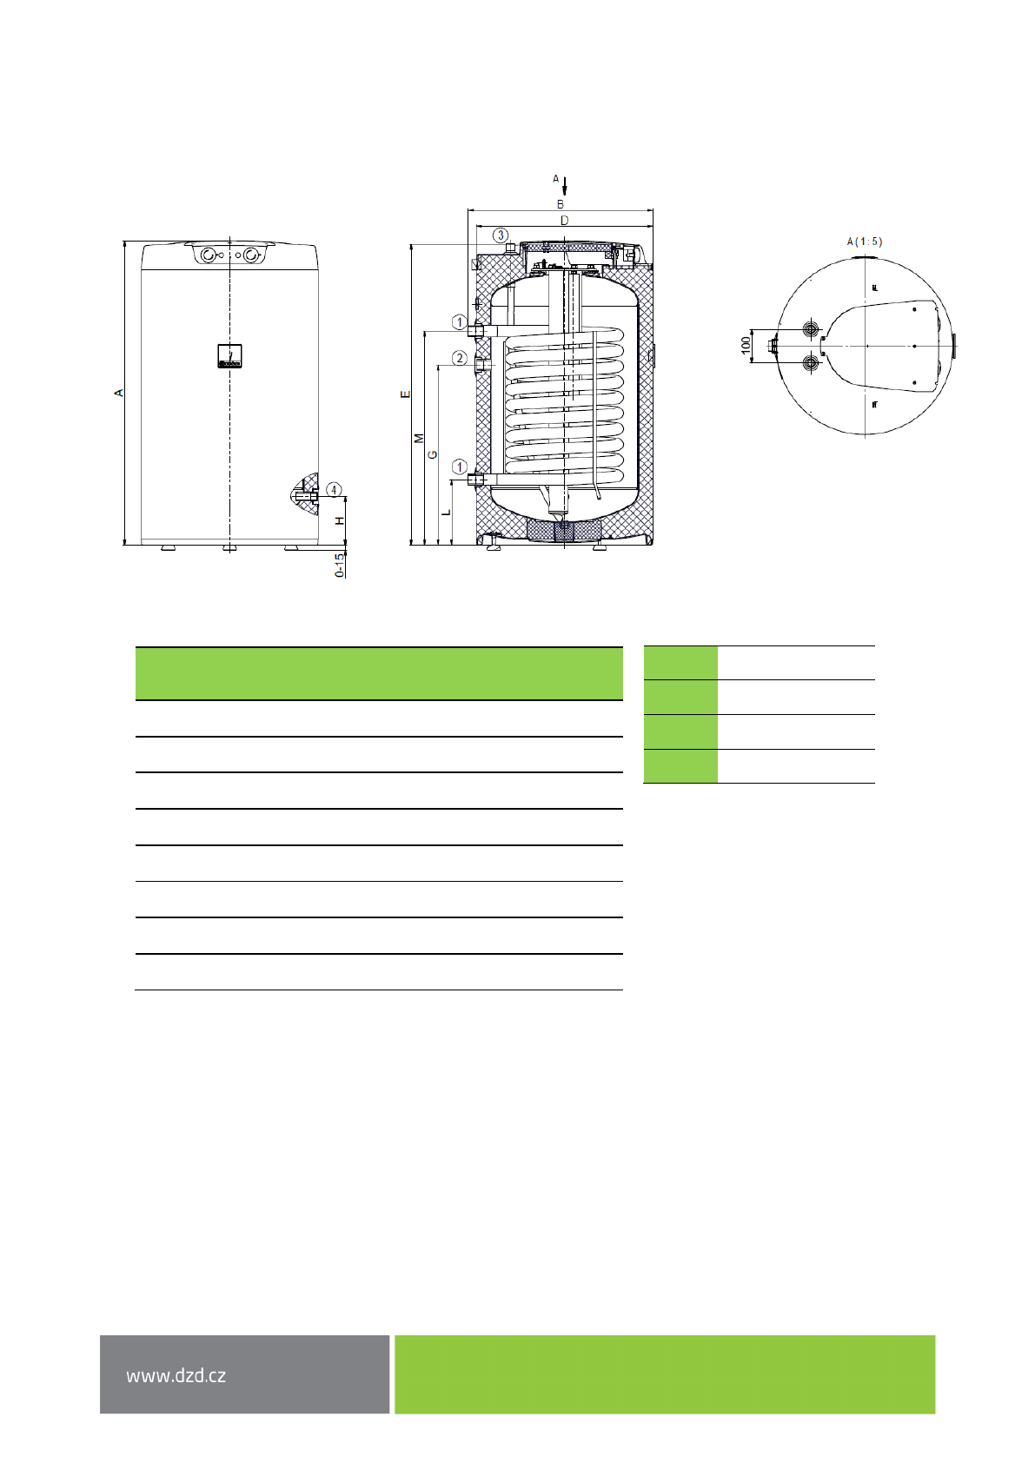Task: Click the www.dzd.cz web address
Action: (x=176, y=1375)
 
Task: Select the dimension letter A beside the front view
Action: (x=119, y=393)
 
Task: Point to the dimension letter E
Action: (x=406, y=394)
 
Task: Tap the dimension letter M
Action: (x=420, y=438)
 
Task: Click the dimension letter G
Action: (x=432, y=454)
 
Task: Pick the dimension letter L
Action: (x=447, y=512)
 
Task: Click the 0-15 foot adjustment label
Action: (x=339, y=566)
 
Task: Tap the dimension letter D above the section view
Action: (x=565, y=221)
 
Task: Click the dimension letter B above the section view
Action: (x=560, y=204)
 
